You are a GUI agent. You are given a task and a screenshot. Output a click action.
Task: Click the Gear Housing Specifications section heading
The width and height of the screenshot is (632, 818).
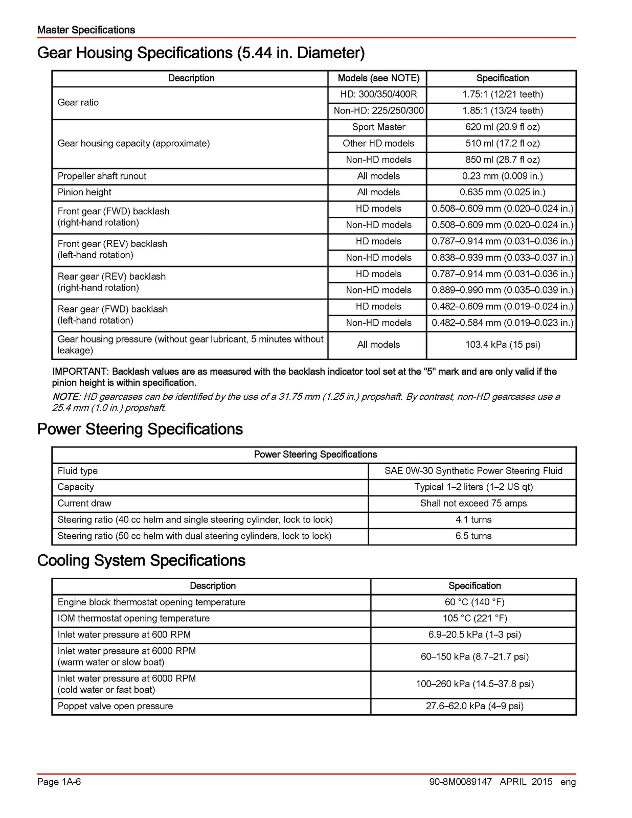tap(201, 53)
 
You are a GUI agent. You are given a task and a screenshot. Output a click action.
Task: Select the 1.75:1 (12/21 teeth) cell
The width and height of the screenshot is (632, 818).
tap(502, 95)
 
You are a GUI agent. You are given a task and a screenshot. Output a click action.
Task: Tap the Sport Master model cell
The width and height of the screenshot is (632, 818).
tap(378, 127)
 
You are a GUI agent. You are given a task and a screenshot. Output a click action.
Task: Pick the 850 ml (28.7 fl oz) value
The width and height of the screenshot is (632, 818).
tap(502, 160)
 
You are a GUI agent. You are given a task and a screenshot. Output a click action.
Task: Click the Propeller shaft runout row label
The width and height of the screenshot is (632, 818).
tap(102, 176)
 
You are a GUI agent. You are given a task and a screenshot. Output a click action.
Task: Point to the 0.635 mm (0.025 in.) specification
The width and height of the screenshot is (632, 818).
tap(502, 193)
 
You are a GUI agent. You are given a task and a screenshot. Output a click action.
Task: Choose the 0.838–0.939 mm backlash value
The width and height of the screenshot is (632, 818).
tap(502, 258)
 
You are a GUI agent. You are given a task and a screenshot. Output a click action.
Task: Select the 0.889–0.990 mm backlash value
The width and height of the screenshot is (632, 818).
tap(502, 290)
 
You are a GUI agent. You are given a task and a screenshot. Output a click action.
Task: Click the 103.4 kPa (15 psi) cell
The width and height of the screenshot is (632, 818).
tap(502, 345)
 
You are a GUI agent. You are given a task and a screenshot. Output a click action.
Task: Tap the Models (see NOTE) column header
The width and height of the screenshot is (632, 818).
tap(378, 78)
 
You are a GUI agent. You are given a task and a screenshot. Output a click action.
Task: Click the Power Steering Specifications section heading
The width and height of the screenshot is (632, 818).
tap(140, 429)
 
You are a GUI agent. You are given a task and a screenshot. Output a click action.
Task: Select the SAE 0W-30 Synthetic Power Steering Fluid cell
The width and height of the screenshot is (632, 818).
tap(473, 471)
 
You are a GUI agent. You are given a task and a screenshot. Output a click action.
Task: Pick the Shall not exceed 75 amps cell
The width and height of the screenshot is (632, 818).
tap(473, 504)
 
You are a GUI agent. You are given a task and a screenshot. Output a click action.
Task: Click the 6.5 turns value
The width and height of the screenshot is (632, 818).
tap(473, 536)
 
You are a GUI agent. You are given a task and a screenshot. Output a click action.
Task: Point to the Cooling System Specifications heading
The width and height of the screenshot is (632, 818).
tap(142, 560)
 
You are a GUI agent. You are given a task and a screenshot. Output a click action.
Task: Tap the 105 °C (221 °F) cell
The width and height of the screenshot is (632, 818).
tap(475, 619)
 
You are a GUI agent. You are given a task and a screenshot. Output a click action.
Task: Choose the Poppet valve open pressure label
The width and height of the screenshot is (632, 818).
tap(116, 707)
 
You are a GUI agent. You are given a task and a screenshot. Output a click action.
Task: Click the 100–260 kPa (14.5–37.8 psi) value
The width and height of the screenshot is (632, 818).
tap(475, 684)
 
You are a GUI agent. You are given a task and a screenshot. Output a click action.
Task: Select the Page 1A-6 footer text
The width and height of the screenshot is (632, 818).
tap(59, 782)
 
